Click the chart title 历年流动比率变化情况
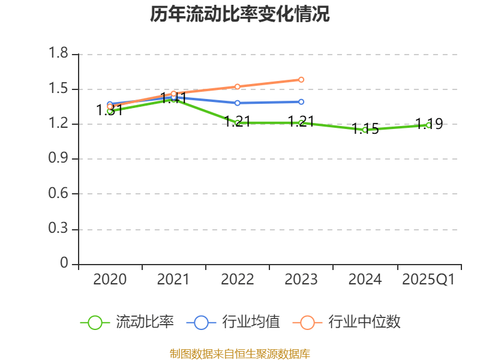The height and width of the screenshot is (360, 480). click(x=240, y=14)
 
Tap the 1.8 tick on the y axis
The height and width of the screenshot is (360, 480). click(x=59, y=55)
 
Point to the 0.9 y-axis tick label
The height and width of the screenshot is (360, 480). click(x=59, y=159)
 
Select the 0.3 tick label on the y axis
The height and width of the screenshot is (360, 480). click(x=59, y=229)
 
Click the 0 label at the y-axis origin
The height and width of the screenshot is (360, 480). click(x=65, y=264)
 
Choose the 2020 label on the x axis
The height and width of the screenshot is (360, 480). click(x=110, y=280)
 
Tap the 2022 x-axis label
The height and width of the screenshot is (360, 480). click(x=238, y=280)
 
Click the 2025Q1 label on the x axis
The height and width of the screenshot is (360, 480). click(x=428, y=280)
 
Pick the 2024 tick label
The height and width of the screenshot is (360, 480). click(x=365, y=280)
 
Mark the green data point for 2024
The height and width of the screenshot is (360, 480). click(x=365, y=130)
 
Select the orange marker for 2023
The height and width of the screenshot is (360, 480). click(x=301, y=79)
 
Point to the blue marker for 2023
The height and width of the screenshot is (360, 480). click(x=301, y=102)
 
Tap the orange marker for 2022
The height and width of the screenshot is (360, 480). click(x=238, y=86)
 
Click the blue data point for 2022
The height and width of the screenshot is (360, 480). click(x=238, y=103)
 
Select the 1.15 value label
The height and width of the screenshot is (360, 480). click(x=365, y=129)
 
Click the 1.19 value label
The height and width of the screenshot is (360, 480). click(x=429, y=124)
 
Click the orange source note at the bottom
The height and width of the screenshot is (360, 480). click(x=240, y=353)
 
